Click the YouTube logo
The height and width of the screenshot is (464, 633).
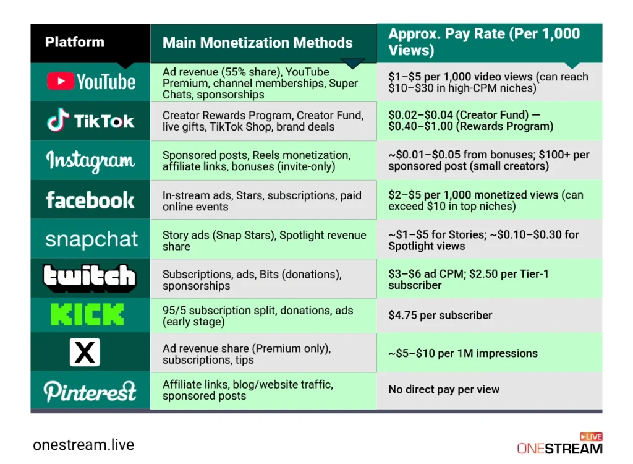click(91, 82)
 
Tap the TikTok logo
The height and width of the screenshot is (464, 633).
click(91, 121)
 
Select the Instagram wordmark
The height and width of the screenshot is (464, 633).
click(90, 161)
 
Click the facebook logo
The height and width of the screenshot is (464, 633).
click(90, 200)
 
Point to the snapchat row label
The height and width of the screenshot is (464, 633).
click(91, 239)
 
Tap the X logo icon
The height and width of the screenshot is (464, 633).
click(85, 353)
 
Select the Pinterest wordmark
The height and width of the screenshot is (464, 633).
click(90, 391)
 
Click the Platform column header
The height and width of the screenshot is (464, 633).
click(75, 42)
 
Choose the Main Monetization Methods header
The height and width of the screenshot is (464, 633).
click(257, 43)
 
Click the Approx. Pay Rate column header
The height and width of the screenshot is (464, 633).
click(484, 42)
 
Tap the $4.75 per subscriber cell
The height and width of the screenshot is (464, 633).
click(440, 316)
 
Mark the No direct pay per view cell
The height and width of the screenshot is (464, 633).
click(443, 390)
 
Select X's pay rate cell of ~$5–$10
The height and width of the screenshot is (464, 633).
click(463, 354)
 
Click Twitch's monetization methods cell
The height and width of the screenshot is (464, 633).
click(252, 280)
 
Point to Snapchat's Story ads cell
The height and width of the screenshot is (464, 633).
click(264, 241)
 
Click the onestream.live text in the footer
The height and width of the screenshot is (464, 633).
click(83, 445)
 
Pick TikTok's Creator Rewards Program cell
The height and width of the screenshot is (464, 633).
click(263, 121)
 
